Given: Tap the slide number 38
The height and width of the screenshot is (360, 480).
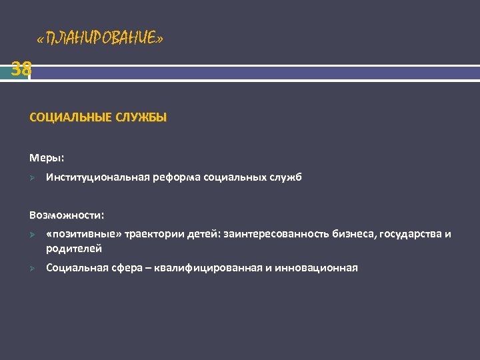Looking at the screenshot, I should [x=21, y=68].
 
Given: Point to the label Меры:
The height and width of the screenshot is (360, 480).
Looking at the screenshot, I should [x=47, y=158].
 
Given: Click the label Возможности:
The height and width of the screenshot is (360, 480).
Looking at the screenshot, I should [x=67, y=215].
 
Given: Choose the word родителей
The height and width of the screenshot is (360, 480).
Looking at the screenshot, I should [x=74, y=249].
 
